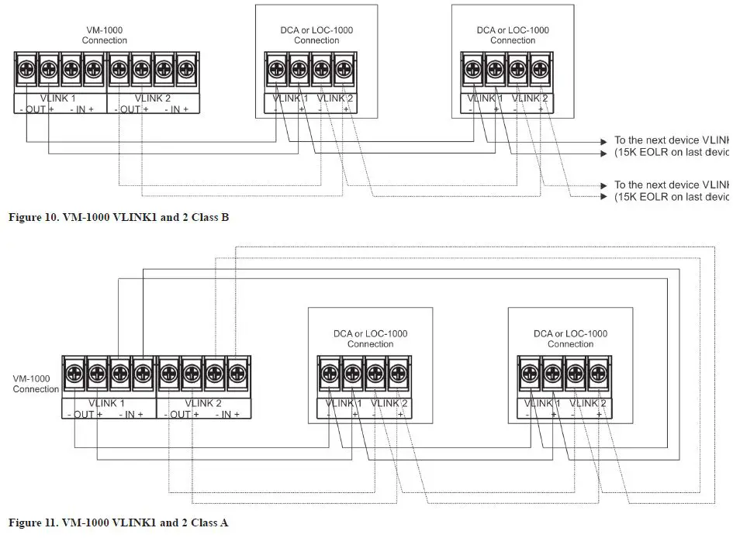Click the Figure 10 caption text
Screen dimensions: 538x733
118,217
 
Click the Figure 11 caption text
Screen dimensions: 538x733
118,522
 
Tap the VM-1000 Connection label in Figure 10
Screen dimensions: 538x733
104,35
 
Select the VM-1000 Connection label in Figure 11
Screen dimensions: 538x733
36,384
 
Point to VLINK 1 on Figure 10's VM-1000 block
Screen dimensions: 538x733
58,98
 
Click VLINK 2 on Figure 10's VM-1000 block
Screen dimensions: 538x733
154,98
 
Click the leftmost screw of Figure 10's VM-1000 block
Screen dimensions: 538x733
26,68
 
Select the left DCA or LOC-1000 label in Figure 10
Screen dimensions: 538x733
316,35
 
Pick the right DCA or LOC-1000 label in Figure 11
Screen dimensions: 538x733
570,339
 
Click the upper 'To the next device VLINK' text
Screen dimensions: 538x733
670,141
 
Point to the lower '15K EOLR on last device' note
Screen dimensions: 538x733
670,197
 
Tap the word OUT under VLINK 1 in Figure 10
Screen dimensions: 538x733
36,110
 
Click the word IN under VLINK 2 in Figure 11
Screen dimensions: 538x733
228,415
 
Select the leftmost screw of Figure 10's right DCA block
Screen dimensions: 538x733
472,68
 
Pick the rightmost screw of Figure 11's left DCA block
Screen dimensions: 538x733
398,373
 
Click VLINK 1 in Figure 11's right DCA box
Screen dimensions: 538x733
541,403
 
